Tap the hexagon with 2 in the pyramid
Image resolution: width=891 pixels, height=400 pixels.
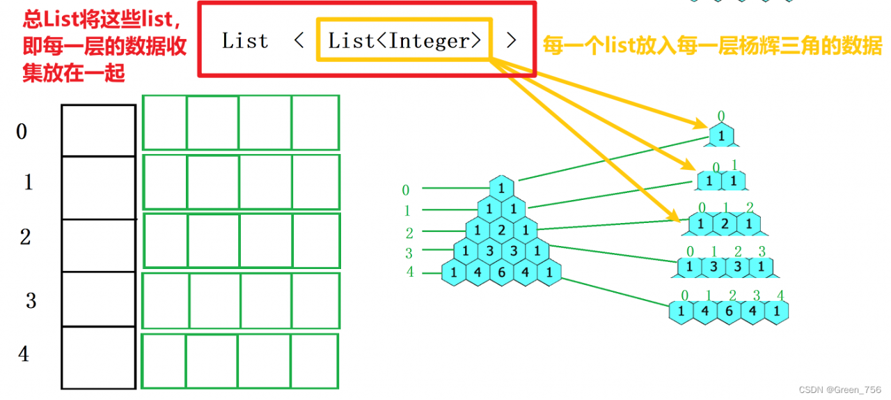(501, 230)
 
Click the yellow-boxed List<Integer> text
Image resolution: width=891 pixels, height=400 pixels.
(404, 41)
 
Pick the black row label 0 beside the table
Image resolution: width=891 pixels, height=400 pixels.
(22, 131)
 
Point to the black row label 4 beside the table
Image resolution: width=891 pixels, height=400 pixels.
(24, 354)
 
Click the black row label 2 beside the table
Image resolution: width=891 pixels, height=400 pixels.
(25, 237)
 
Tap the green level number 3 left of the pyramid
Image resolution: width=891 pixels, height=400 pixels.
(409, 254)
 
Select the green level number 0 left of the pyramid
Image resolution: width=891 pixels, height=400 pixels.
(406, 190)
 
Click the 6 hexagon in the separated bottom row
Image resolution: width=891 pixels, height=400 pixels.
(729, 311)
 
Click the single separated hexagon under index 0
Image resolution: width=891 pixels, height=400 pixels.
(722, 134)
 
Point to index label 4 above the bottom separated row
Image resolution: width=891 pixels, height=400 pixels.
(780, 295)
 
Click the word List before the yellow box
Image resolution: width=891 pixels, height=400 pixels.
(245, 41)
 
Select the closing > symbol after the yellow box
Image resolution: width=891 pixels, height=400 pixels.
(512, 41)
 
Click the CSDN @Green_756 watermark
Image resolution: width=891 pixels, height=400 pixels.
(841, 389)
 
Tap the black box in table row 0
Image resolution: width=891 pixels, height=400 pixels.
(98, 130)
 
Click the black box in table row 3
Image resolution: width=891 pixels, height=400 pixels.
(98, 299)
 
